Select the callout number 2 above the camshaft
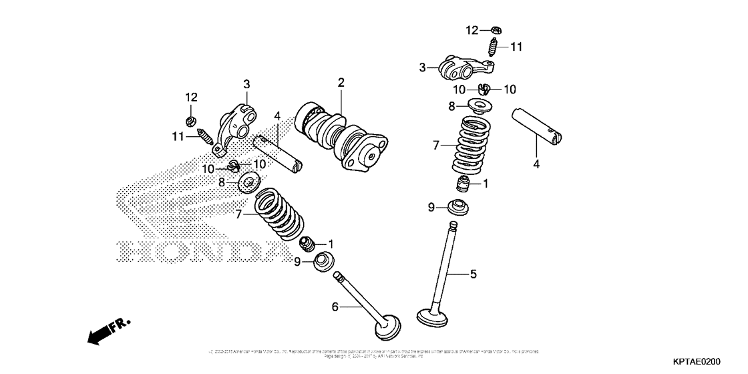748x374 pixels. click(341, 83)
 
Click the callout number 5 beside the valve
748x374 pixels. click(473, 274)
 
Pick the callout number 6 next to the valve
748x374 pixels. click(335, 307)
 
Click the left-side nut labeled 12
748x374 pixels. click(189, 121)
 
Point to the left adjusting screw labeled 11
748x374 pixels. click(206, 140)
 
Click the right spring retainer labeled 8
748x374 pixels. click(476, 106)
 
